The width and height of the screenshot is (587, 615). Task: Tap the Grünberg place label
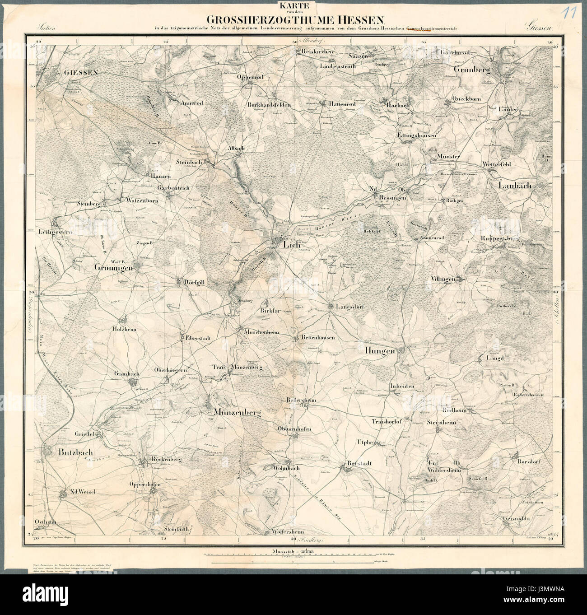(x=472, y=70)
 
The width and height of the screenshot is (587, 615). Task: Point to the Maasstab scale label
(x=286, y=551)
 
